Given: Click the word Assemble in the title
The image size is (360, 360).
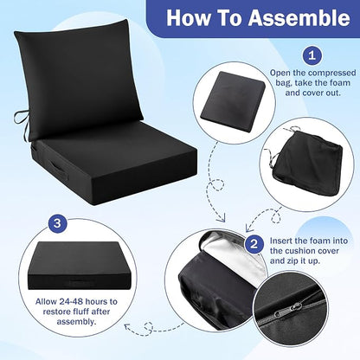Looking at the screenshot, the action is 299,18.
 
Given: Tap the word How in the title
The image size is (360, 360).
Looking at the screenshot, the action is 189,18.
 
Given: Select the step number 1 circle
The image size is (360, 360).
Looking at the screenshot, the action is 312,55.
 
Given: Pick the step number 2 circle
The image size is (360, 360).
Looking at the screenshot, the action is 254,244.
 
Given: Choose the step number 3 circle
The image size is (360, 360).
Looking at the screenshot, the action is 57,223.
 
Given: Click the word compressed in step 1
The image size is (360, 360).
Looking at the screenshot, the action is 331,73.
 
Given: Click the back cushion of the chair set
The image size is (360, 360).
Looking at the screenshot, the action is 79,78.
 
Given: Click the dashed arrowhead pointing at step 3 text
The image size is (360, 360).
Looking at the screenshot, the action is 127,327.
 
